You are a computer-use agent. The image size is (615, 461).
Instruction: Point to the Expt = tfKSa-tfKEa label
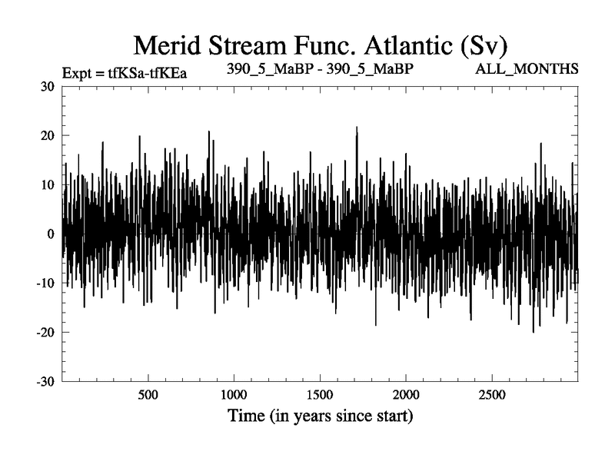pos(125,74)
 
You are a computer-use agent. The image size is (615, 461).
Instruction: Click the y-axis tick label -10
pos(45,283)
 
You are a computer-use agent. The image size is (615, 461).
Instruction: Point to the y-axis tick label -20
pos(45,332)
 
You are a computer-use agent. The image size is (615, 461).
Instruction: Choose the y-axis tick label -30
pos(45,381)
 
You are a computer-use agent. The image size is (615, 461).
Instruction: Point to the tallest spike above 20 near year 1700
pos(357,128)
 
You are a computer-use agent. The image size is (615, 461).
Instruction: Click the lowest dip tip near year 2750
pos(533,331)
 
